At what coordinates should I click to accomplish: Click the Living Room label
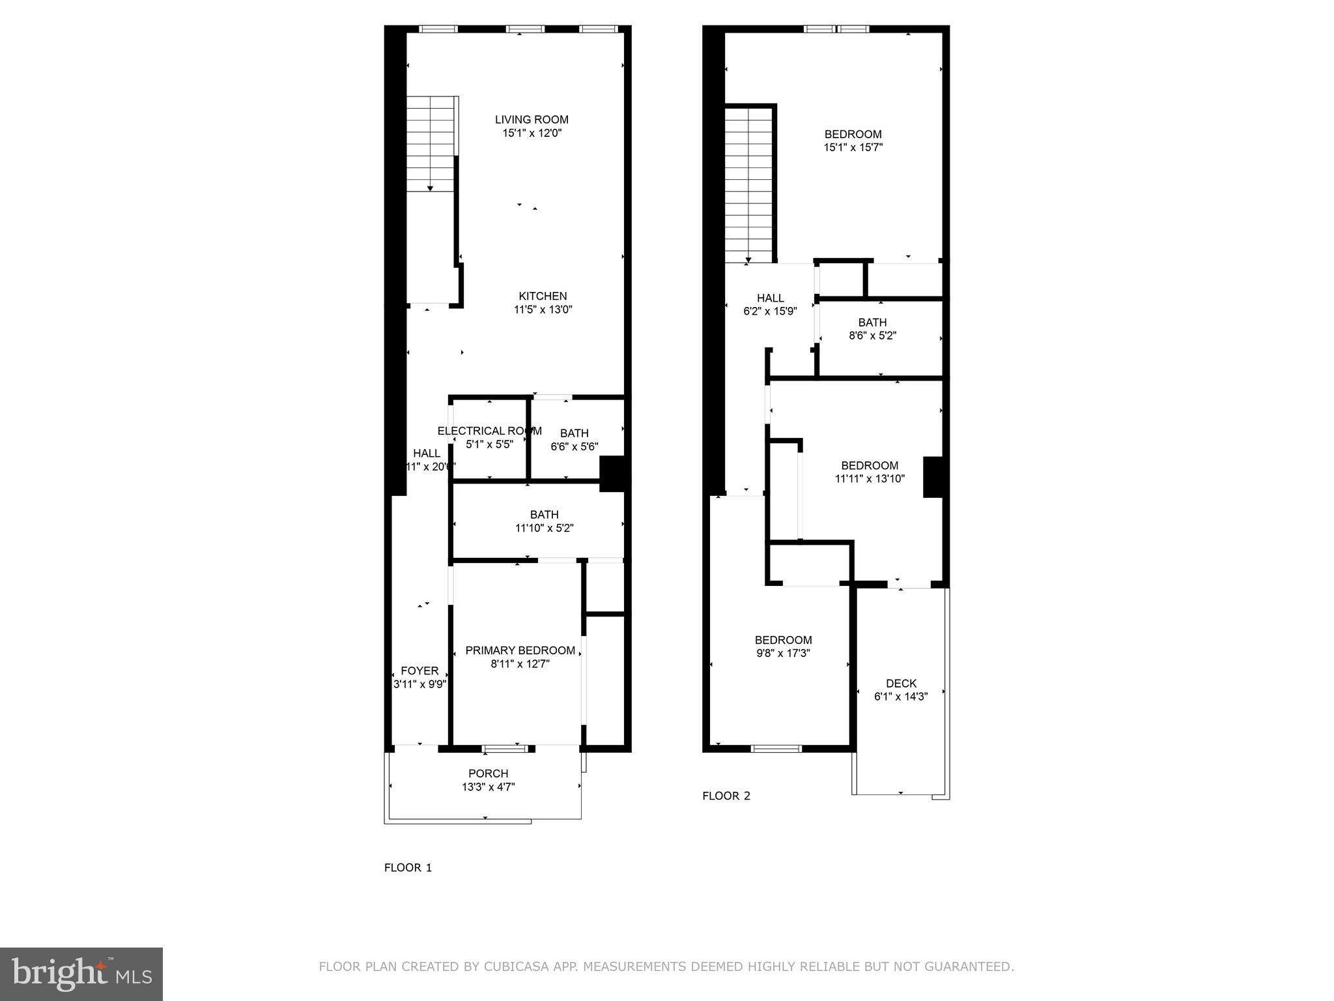tap(532, 120)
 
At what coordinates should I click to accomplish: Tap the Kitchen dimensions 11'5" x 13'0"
tap(543, 310)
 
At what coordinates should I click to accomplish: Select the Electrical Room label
tap(489, 431)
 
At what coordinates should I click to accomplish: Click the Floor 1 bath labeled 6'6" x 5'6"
tap(574, 440)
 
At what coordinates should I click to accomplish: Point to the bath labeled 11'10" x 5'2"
tap(544, 521)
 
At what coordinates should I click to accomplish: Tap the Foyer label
tap(419, 671)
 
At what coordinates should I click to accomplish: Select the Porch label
tap(488, 774)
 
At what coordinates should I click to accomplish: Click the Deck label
tap(901, 684)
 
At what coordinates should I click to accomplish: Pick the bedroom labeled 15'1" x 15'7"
tap(853, 141)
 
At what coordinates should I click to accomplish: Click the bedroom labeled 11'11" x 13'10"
tap(870, 472)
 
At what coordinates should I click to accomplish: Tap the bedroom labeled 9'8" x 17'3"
tap(783, 646)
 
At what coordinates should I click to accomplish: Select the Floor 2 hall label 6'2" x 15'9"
tap(770, 304)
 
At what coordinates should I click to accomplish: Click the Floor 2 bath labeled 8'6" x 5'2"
tap(872, 329)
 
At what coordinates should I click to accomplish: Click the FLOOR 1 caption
tap(408, 867)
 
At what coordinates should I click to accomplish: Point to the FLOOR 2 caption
tap(726, 796)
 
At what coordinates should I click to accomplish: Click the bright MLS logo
tap(81, 974)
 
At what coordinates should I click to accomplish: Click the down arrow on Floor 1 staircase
tap(430, 188)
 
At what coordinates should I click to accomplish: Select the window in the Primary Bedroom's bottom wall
tap(509, 748)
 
